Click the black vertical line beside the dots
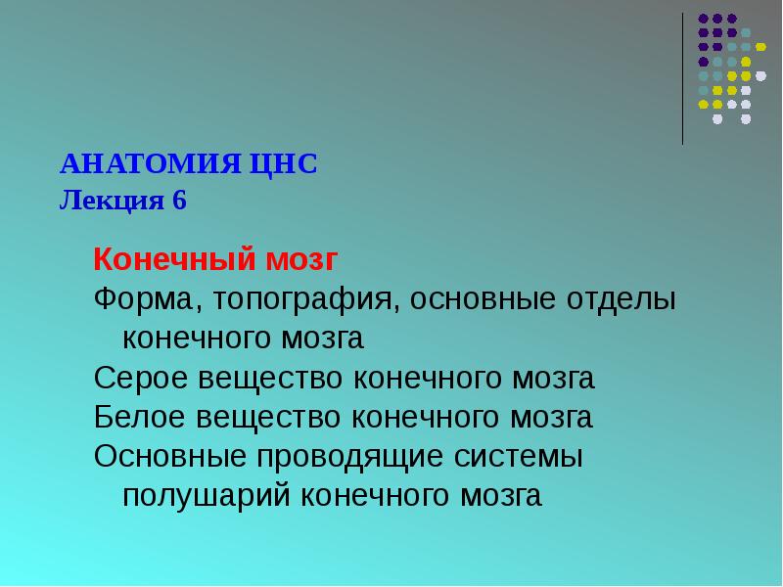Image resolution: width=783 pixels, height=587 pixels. [682, 78]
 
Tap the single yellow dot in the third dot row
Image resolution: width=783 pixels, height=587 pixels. [760, 47]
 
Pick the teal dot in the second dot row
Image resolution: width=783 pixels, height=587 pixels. [746, 32]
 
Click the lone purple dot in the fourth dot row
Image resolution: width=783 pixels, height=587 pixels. [703, 61]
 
